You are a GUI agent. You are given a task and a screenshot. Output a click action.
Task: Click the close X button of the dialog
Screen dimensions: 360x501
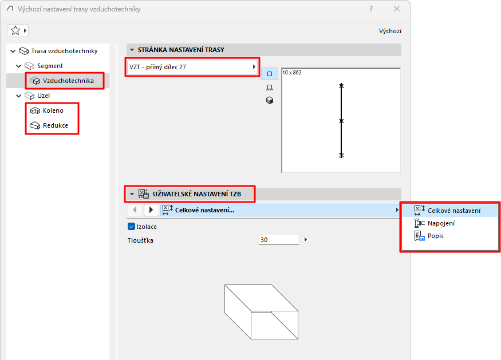pos(397,9)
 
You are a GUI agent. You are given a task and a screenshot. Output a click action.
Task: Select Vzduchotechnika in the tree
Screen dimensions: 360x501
pos(68,81)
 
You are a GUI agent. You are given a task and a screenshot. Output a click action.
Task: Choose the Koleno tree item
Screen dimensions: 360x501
pos(53,110)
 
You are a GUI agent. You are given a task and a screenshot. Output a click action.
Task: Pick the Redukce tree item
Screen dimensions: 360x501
pos(55,125)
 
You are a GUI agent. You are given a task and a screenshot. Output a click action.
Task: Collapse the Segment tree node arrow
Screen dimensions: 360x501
pos(19,66)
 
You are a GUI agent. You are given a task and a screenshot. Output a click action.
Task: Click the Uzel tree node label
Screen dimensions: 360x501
pos(44,96)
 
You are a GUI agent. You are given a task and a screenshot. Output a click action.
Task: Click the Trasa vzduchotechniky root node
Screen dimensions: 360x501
pos(64,51)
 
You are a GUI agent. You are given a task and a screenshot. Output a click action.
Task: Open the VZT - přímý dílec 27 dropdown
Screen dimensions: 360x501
pos(192,67)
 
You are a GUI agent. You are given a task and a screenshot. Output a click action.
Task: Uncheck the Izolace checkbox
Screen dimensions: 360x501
pos(131,227)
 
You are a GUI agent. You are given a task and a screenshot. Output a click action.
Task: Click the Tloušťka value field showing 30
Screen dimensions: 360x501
pos(278,240)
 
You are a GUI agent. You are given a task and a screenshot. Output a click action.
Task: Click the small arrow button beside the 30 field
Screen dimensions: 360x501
pos(305,240)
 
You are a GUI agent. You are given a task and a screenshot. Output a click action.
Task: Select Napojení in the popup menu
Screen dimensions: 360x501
pos(441,223)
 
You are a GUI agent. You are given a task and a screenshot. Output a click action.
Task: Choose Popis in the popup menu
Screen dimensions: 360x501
pos(435,236)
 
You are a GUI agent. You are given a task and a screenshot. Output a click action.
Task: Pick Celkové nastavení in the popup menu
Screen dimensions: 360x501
pos(453,211)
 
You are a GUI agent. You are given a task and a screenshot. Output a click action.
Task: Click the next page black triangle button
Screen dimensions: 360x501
pos(151,210)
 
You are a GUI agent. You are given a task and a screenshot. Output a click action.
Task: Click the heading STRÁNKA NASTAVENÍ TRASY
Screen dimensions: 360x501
pos(181,50)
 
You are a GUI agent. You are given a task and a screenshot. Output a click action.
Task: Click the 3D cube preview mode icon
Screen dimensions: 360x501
pos(270,100)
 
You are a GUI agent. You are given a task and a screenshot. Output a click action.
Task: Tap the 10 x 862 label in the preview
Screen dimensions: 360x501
pos(293,73)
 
